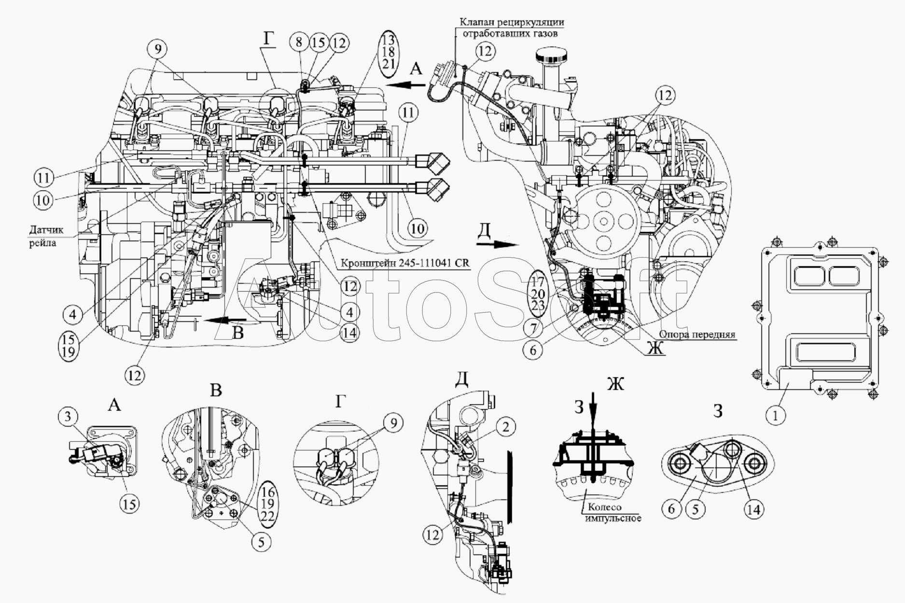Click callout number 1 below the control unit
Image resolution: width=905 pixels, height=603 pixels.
[x=776, y=415]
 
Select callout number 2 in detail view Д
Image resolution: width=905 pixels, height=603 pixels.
[x=506, y=427]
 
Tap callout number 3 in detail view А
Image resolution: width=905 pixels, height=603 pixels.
[x=68, y=417]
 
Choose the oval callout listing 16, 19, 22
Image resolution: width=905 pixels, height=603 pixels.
[x=268, y=503]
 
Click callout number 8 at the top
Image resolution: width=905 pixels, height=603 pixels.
[x=299, y=42]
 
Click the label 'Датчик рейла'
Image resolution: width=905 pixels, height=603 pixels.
[x=42, y=236]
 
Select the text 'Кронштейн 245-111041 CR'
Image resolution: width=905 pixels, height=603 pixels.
[x=405, y=264]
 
